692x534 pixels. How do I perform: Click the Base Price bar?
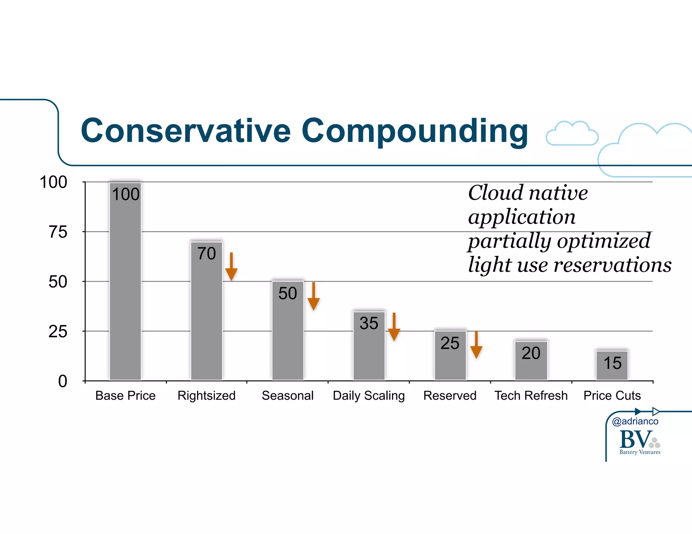tap(125, 287)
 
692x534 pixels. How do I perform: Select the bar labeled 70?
tap(206, 314)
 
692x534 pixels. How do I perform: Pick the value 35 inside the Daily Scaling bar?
tap(369, 323)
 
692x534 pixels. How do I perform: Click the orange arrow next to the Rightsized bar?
tap(231, 267)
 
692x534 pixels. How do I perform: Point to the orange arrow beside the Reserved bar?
tap(476, 345)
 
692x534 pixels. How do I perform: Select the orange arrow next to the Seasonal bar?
tap(314, 296)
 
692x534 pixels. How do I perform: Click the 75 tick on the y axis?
tap(58, 232)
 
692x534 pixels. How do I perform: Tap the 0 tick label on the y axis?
tap(63, 381)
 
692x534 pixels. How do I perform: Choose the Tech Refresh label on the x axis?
tap(531, 396)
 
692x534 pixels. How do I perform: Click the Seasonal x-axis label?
tap(288, 396)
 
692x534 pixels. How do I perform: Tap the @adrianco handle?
tap(635, 421)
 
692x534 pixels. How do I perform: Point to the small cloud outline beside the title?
tap(572, 134)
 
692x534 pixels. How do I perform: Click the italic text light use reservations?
tap(569, 265)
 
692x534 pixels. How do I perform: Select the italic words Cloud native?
tap(528, 193)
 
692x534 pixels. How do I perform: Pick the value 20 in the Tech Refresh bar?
tap(531, 353)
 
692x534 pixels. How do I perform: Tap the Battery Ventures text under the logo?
tap(640, 452)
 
